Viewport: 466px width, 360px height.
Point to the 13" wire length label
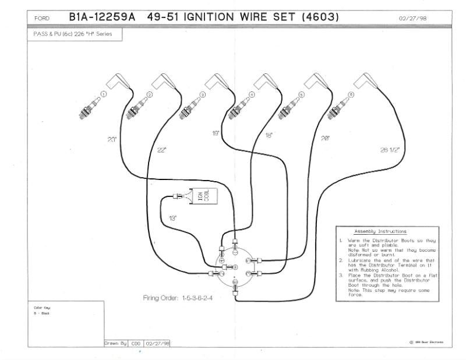tap(172, 218)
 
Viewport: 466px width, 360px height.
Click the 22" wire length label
tap(161, 150)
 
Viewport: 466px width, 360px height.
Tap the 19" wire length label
tap(216, 133)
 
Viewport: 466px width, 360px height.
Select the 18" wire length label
tap(269, 135)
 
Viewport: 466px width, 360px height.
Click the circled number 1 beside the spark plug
tap(104, 94)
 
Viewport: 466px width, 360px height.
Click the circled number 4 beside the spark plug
tap(252, 94)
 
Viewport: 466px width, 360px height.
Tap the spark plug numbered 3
tap(185, 107)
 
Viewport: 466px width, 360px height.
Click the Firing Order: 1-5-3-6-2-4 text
tap(178, 298)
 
